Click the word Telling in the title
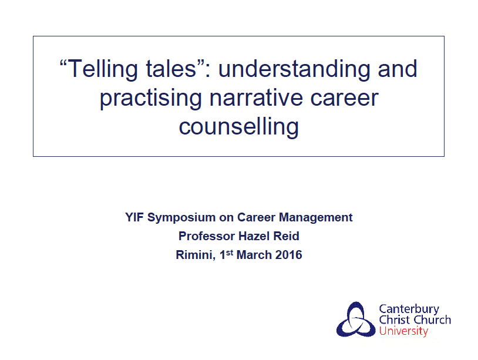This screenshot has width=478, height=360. pyautogui.click(x=102, y=70)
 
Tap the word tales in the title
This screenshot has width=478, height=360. pyautogui.click(x=171, y=69)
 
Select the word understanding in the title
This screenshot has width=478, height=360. pyautogui.click(x=294, y=70)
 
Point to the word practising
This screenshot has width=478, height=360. pyautogui.click(x=150, y=99)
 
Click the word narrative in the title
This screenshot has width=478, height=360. pyautogui.click(x=256, y=97)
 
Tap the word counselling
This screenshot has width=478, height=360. pyautogui.click(x=238, y=127)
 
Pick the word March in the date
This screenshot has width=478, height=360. pyautogui.click(x=254, y=255)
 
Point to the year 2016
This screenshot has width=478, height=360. pyautogui.click(x=289, y=255)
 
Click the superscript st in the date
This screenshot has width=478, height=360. pyautogui.click(x=230, y=253)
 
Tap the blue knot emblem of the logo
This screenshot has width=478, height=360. pyautogui.click(x=356, y=319)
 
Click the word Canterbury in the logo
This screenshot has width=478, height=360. pyautogui.click(x=409, y=309)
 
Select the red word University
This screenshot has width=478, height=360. pyautogui.click(x=403, y=331)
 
